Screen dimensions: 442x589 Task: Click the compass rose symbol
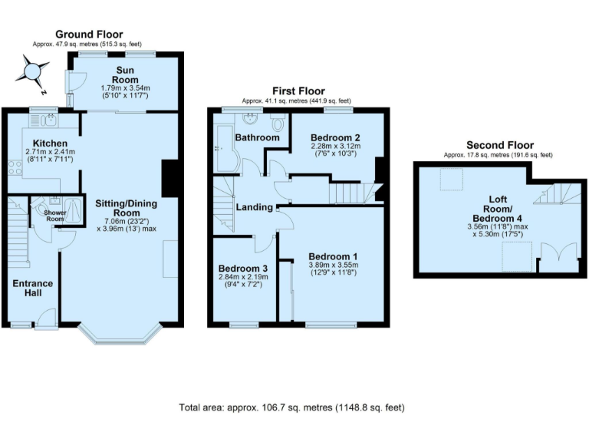coord(32,74)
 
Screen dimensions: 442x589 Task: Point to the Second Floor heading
coord(499,145)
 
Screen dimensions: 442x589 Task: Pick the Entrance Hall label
coord(32,289)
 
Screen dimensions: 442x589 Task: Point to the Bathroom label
coord(257,137)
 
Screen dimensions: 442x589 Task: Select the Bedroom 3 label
coord(243,268)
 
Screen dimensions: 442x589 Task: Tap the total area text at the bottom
coord(291,407)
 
